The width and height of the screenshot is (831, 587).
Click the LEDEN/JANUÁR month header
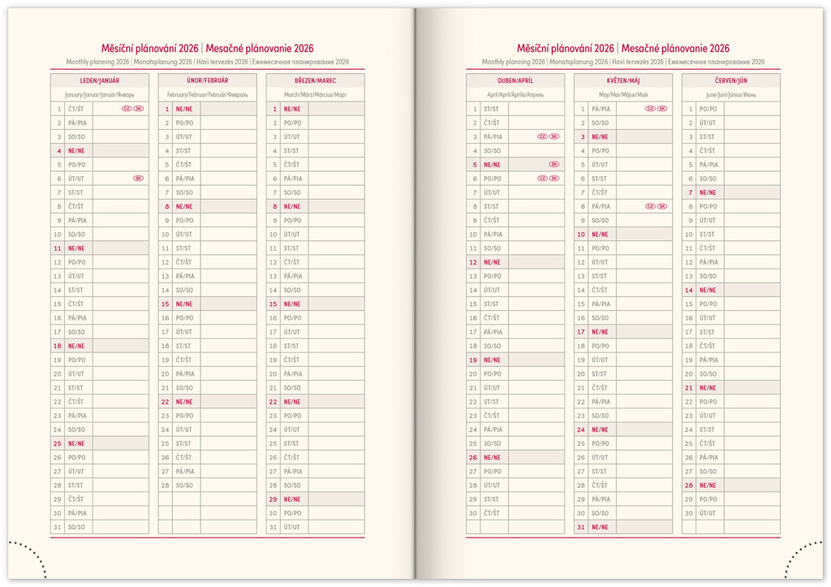point(99,81)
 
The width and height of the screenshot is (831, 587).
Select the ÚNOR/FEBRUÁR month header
point(207,81)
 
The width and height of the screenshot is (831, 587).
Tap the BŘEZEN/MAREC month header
point(315,81)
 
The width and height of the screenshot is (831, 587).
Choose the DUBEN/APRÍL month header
point(515,81)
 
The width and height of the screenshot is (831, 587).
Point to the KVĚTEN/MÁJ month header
point(622,81)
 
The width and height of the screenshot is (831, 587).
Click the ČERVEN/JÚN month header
point(730,81)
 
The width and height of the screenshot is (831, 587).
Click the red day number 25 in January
point(58,443)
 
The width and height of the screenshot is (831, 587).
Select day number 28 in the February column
point(165,485)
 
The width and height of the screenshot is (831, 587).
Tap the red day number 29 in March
point(273,499)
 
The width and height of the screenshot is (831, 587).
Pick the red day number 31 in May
point(581,527)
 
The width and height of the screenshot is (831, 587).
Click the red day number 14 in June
point(689,290)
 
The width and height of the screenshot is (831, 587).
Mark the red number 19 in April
point(473,360)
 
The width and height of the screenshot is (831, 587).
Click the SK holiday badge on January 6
point(139,179)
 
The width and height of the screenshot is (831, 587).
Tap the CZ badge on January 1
point(127,109)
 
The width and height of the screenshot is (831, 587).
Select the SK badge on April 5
point(554,164)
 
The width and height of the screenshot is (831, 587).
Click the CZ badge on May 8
point(650,206)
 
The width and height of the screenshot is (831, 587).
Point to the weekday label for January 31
point(76,527)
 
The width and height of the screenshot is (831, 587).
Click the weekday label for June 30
point(708,513)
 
